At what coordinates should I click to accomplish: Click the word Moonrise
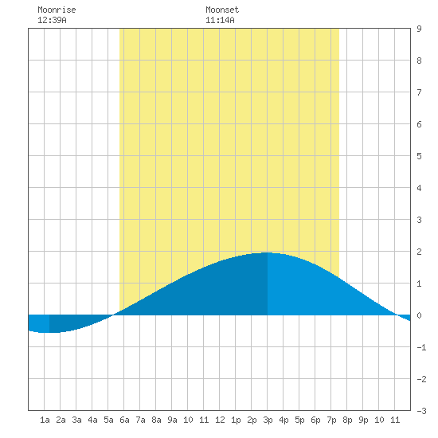tap(57, 10)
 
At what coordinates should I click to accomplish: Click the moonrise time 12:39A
tap(52, 20)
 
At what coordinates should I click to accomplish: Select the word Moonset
tap(222, 10)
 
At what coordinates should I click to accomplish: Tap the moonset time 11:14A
tap(220, 20)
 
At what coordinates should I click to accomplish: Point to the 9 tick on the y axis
tap(419, 29)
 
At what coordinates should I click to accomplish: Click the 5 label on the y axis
tap(419, 156)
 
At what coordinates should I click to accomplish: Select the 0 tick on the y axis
tap(419, 315)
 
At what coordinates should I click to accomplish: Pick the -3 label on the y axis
tap(422, 411)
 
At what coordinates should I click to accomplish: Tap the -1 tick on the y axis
tap(422, 347)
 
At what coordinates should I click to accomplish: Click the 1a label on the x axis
tap(45, 420)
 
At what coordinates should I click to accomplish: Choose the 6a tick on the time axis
tap(124, 420)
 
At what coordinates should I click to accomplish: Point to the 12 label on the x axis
tap(220, 420)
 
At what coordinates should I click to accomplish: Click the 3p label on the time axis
tap(268, 420)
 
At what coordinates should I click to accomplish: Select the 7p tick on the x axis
tap(331, 420)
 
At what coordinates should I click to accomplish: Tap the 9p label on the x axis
tap(363, 420)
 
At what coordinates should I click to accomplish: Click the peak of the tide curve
tap(267, 252)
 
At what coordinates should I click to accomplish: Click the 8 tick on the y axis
tap(419, 61)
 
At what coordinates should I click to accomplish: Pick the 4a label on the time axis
tap(92, 420)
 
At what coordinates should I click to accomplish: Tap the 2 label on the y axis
tap(419, 252)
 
